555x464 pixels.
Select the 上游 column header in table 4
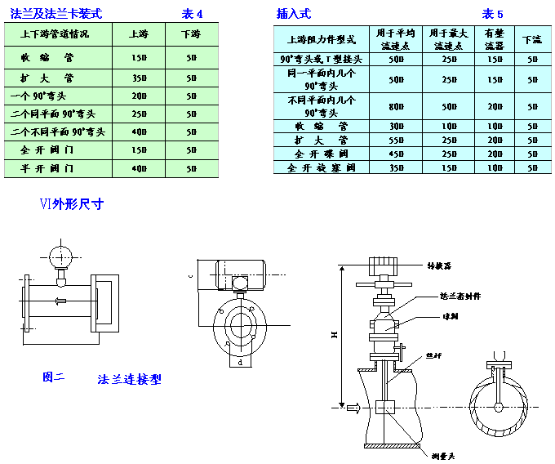tap(139, 34)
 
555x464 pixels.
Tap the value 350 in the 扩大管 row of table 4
tap(139, 78)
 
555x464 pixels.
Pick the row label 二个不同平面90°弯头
tap(58, 132)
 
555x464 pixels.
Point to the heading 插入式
tap(294, 14)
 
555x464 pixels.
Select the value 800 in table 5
tap(397, 106)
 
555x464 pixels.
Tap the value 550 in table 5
tap(397, 141)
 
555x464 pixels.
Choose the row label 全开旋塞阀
tap(324, 167)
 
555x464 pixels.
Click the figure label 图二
tap(54, 377)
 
